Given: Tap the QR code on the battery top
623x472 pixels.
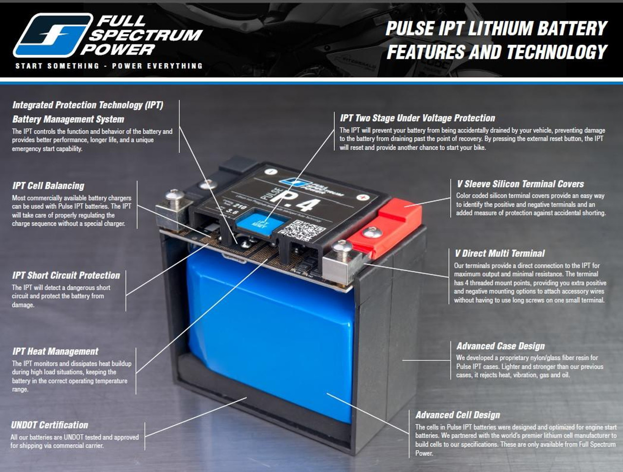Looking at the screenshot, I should (x=303, y=229).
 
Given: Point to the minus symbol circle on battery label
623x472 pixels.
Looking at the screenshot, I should (x=271, y=171).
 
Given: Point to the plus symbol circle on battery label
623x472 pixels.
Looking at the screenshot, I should (x=363, y=198).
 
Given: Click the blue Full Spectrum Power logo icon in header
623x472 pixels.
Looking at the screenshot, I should (x=53, y=35).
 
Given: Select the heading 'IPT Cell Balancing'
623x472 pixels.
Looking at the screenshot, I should (x=48, y=185).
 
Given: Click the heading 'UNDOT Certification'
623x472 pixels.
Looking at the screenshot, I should (x=50, y=425).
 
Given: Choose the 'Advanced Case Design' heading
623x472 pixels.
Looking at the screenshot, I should (x=500, y=346).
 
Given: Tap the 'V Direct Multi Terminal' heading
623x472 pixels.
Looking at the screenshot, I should (x=499, y=253).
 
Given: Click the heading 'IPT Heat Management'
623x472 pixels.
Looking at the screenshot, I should (x=55, y=351).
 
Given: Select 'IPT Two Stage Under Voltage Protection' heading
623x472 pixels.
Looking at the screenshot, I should (x=417, y=118).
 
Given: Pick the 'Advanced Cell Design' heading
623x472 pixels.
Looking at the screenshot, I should (x=458, y=415).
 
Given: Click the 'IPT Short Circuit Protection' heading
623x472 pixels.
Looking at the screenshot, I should (x=66, y=275).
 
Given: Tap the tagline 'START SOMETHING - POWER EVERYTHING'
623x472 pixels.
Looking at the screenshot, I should (x=109, y=66).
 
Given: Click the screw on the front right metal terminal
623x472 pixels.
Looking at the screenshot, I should (x=343, y=248).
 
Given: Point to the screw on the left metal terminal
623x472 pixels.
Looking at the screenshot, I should (x=174, y=196).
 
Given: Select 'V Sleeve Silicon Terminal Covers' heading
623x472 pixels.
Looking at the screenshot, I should (x=520, y=184).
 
